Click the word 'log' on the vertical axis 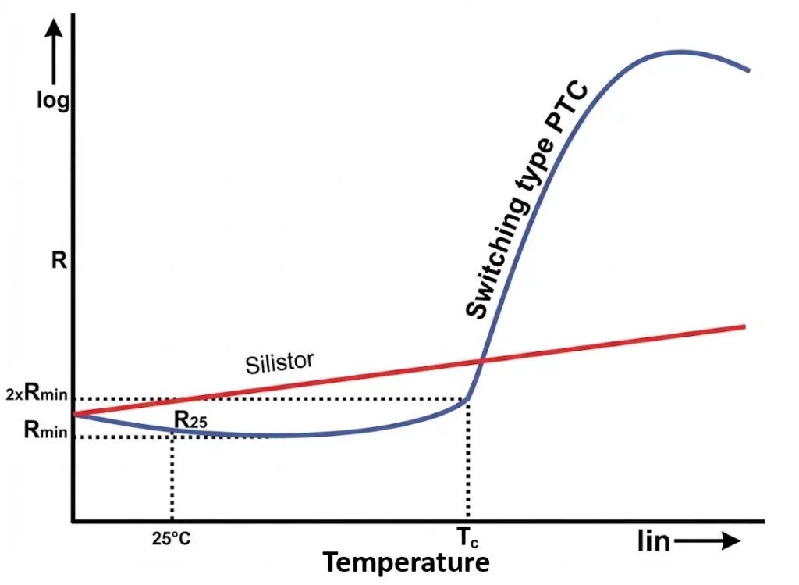click(x=53, y=101)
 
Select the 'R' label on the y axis click(x=58, y=260)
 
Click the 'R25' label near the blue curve click(x=190, y=420)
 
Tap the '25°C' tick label click(x=171, y=538)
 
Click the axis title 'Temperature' click(x=406, y=562)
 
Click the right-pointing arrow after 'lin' click(x=707, y=541)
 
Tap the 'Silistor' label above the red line click(x=279, y=363)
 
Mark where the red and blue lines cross click(x=481, y=361)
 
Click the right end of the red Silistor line click(x=745, y=326)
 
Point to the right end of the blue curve click(x=749, y=71)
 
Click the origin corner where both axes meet click(x=73, y=521)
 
